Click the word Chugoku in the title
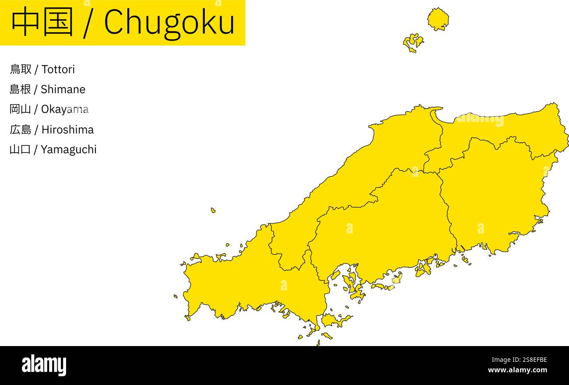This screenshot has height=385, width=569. [x=169, y=22]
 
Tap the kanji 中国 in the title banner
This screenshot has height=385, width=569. [x=42, y=22]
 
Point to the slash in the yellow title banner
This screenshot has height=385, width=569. [x=88, y=23]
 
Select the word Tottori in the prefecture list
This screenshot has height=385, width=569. [x=58, y=69]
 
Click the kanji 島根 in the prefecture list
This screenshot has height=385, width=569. [x=20, y=89]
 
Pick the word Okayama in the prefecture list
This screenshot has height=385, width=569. [x=65, y=109]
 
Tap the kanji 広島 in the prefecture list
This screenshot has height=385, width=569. [x=20, y=129]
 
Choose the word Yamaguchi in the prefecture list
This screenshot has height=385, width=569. [x=69, y=150]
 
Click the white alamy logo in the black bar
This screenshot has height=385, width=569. [x=44, y=365]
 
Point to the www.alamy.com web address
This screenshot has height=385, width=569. [x=517, y=370]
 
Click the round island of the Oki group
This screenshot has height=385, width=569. [x=438, y=19]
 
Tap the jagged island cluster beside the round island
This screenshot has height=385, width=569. [x=413, y=42]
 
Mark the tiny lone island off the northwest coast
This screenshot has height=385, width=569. [x=213, y=210]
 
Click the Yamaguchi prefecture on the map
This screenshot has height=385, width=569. [x=245, y=284]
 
